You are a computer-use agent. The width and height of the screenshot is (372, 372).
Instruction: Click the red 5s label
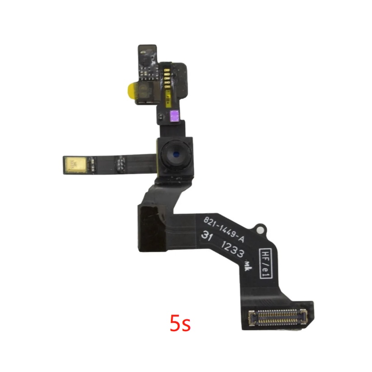click(x=180, y=323)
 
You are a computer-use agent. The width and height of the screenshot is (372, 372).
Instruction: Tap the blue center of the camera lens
click(x=176, y=154)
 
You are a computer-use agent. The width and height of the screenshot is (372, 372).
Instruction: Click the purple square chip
click(x=175, y=116)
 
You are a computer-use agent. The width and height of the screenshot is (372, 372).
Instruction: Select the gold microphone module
click(x=77, y=164)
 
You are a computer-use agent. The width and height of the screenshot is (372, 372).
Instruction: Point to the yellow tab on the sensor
click(x=130, y=91)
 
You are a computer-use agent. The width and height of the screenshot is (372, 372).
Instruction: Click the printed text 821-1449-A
click(x=224, y=230)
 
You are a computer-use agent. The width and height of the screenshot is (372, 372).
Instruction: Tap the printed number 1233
click(x=232, y=250)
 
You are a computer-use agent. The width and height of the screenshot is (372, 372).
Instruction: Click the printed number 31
click(x=206, y=236)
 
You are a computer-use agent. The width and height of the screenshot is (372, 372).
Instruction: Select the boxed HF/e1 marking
click(x=266, y=263)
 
